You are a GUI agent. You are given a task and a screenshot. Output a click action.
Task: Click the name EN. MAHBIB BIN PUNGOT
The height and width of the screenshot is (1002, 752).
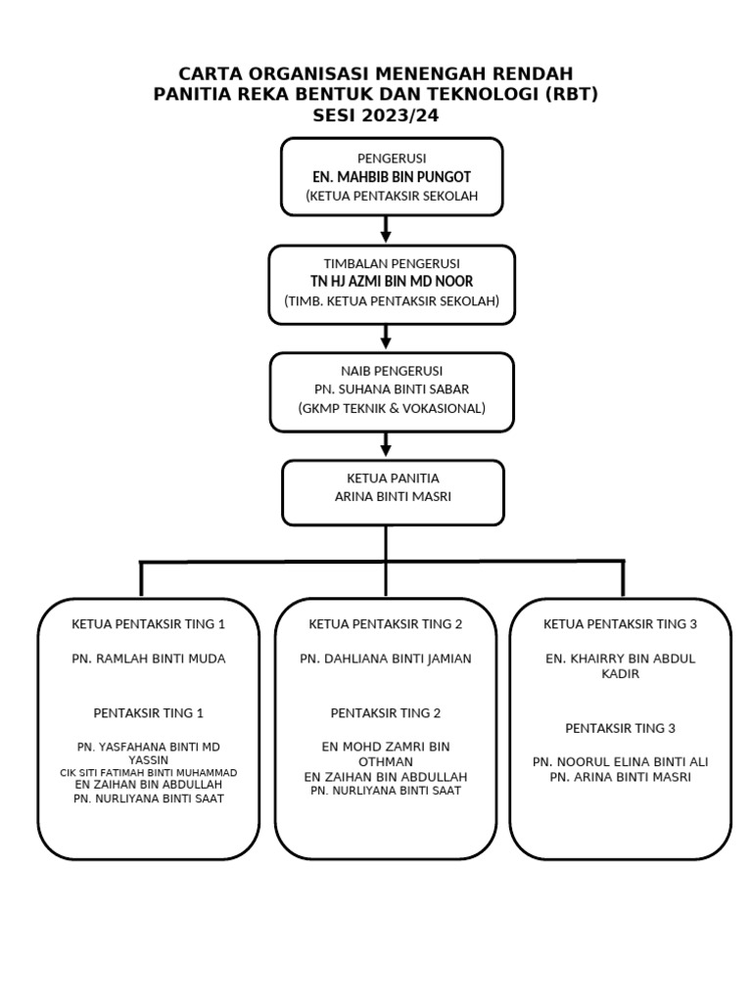(391, 177)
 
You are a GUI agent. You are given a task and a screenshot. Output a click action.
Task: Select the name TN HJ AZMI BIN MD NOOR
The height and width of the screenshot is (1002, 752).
(392, 282)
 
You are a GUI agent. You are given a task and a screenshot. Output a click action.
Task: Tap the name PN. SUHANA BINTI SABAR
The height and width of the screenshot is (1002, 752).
(392, 389)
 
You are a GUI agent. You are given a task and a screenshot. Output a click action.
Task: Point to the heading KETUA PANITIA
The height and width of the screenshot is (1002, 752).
(393, 478)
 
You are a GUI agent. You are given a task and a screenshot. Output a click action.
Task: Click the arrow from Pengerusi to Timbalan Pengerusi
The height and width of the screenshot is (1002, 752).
(387, 230)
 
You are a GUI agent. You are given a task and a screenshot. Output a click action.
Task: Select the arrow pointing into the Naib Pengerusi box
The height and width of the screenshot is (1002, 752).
(387, 337)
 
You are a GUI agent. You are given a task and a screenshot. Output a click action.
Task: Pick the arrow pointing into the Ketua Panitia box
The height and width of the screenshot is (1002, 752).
(387, 444)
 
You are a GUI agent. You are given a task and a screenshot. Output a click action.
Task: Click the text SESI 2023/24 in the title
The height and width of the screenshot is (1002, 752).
(375, 114)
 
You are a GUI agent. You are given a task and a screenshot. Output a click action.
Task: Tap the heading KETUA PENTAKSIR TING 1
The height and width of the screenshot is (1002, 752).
(149, 623)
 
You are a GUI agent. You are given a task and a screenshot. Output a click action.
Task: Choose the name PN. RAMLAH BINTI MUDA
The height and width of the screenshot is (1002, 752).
(149, 659)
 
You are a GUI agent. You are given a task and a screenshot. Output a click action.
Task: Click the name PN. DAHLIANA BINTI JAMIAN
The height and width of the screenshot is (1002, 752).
(386, 659)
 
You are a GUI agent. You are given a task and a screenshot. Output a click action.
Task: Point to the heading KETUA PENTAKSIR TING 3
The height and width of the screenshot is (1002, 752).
(621, 623)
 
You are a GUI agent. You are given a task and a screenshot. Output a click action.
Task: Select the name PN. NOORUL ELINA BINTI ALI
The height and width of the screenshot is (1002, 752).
(621, 761)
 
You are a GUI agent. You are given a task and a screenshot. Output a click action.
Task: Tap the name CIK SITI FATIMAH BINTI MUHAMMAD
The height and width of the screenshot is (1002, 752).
(149, 772)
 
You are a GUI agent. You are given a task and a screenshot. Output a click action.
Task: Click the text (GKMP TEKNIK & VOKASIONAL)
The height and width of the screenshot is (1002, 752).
(392, 408)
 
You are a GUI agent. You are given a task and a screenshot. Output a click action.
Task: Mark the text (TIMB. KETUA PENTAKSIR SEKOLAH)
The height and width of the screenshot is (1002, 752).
(392, 300)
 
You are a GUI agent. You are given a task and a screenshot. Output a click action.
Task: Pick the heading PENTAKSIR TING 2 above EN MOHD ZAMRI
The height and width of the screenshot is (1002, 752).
(386, 712)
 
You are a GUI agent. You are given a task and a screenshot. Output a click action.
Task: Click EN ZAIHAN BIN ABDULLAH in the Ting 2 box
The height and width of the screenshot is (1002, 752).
(386, 777)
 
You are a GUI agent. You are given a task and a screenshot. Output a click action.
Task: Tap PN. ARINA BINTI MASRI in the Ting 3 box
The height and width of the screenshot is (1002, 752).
(621, 777)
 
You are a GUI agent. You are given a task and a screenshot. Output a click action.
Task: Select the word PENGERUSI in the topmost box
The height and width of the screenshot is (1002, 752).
(392, 159)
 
